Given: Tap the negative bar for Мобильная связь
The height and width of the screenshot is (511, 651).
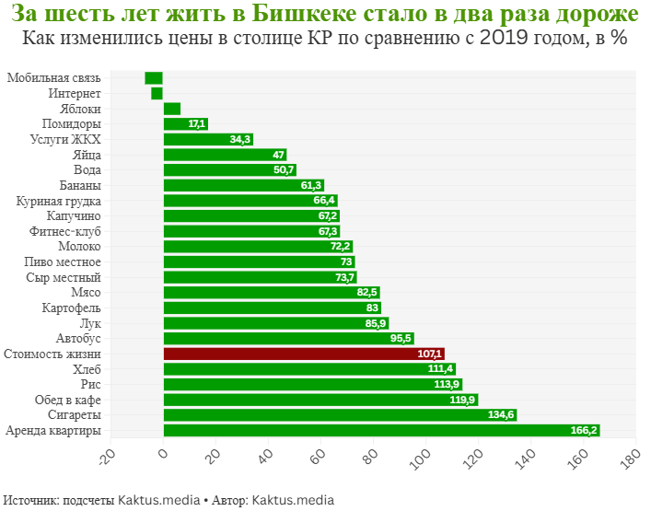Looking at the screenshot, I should point(154,78).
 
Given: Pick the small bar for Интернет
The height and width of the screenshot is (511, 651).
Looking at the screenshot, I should point(157,93).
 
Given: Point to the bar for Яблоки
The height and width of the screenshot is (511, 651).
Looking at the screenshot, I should point(172,109).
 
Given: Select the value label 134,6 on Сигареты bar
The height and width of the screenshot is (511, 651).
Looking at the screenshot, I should point(502,415).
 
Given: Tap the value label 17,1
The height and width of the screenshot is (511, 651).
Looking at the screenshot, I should point(196,124).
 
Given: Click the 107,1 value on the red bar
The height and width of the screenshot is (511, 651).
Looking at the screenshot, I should point(430,354).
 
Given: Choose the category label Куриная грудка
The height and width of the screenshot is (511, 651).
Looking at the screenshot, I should point(59,201).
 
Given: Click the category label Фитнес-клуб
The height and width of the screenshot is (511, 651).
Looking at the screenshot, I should point(65,231).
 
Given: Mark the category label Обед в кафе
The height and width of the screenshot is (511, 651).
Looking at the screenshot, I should point(66,400).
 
